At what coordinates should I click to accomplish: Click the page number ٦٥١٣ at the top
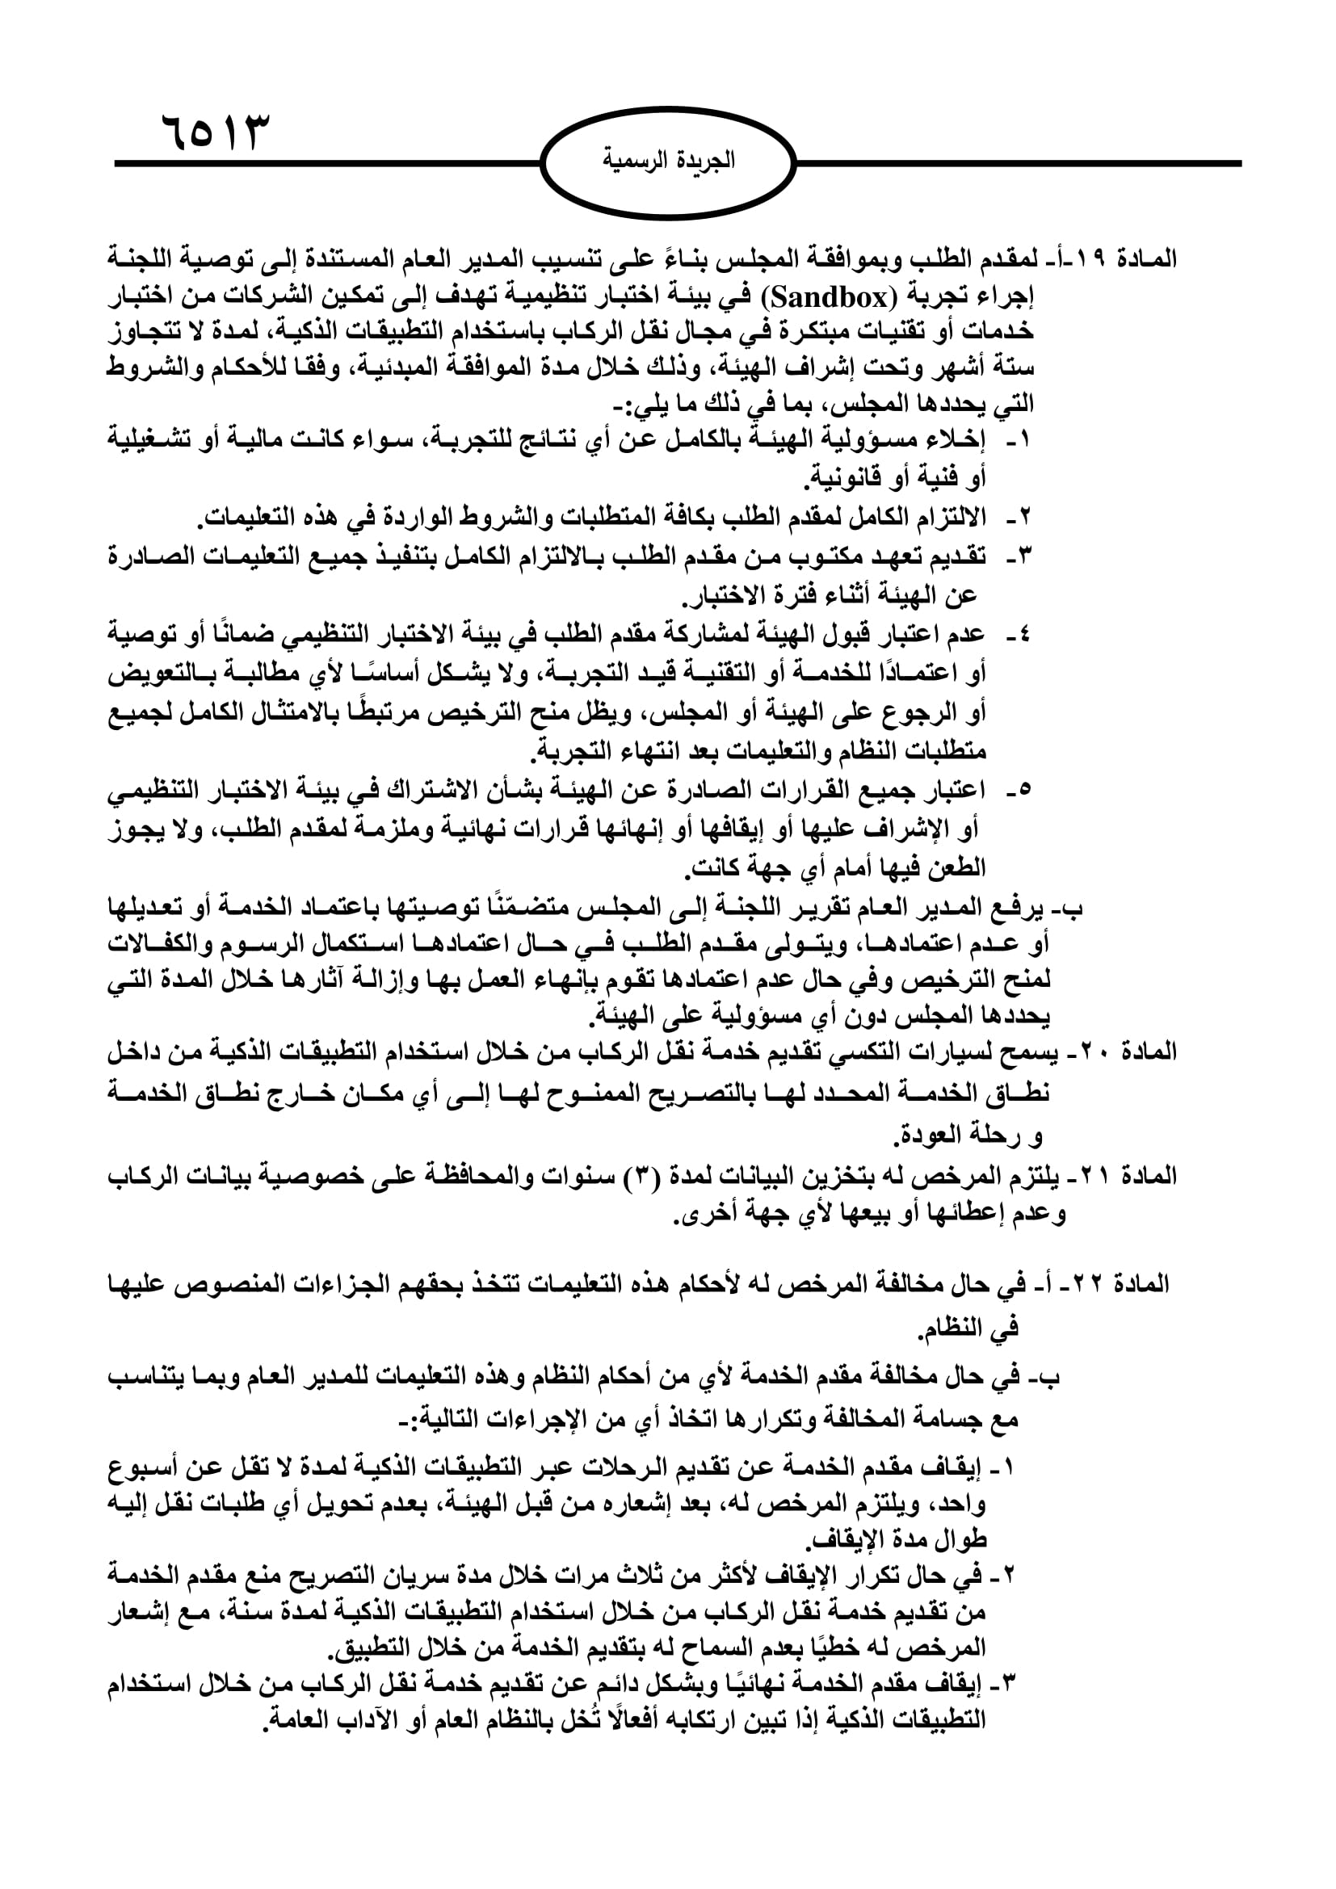point(216,132)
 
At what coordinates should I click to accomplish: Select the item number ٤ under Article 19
point(1024,634)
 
